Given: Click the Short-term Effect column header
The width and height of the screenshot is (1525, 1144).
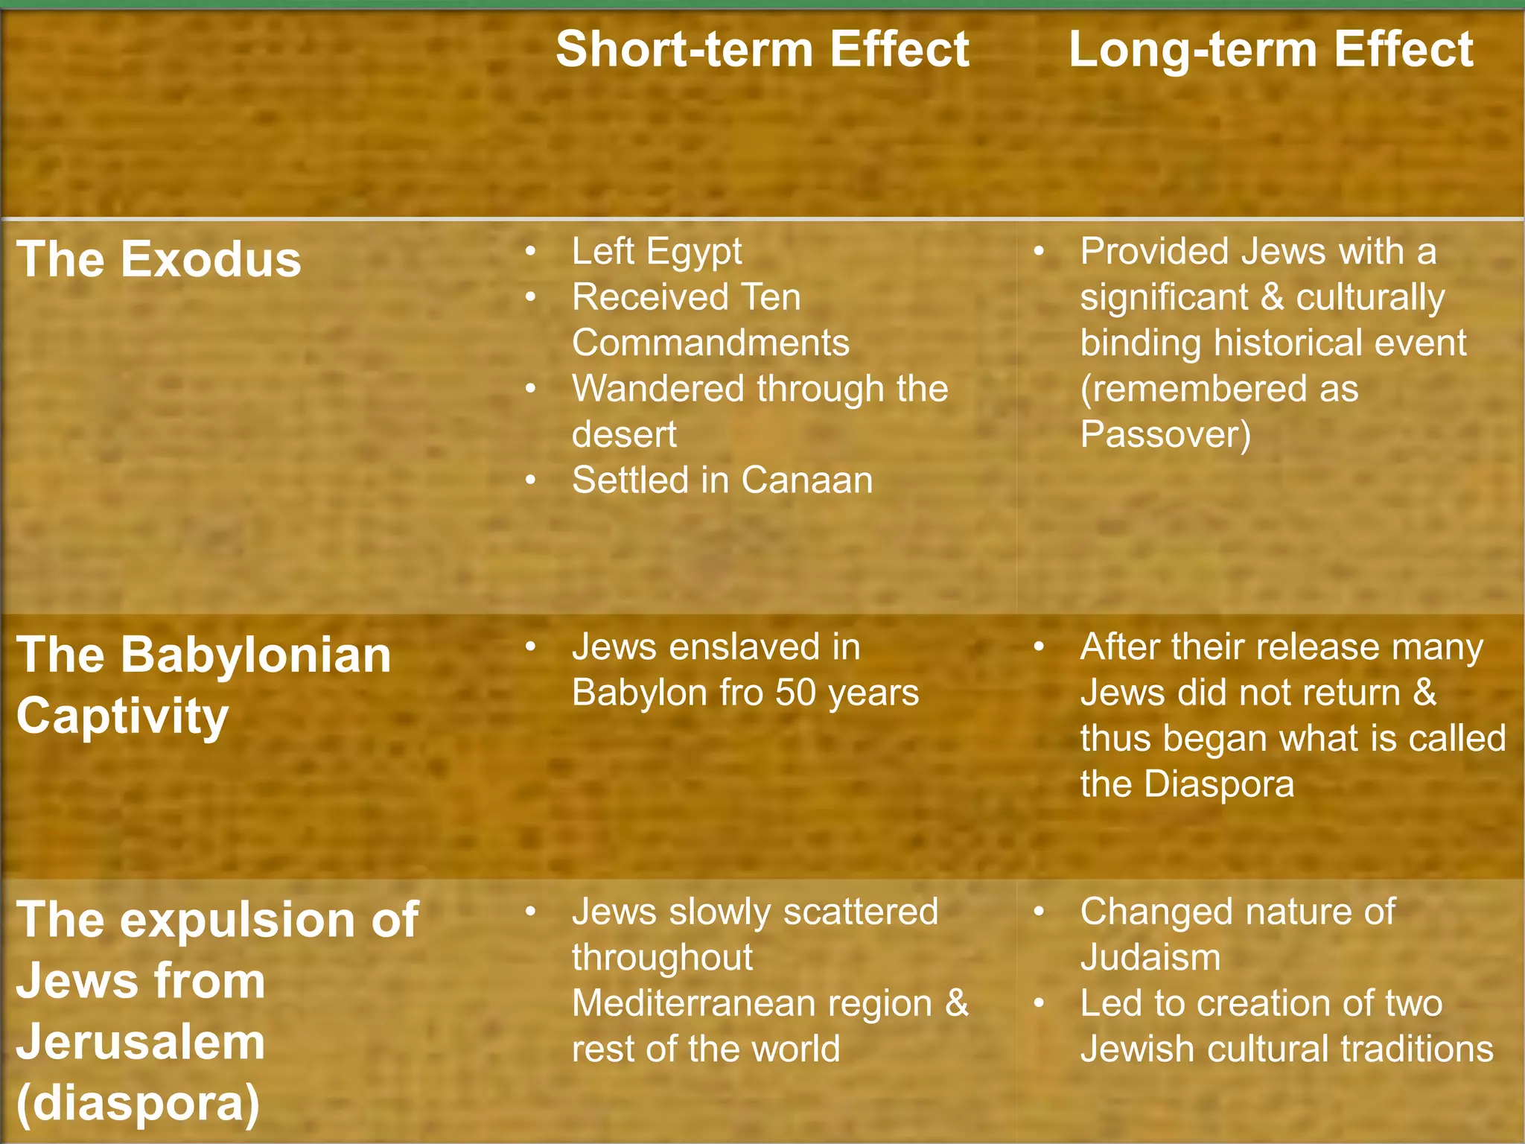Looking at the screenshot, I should coord(762,50).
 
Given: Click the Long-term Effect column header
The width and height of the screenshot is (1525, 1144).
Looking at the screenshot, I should coord(1270,50).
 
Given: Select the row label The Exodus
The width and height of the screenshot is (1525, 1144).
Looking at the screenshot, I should coord(159,259).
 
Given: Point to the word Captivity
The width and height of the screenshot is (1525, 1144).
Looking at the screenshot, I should coord(122,716).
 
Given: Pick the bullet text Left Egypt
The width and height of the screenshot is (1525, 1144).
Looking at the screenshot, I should coord(656,252).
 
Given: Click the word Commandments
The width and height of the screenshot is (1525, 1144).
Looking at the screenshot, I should coord(710,343).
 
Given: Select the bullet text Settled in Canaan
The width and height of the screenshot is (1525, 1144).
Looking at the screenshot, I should coord(722,480).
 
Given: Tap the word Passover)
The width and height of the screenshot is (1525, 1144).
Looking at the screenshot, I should coord(1165,434).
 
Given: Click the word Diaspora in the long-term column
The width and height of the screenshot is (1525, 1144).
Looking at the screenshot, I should coord(1219,784).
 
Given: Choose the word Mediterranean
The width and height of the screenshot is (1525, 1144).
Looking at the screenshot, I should coord(751,1003).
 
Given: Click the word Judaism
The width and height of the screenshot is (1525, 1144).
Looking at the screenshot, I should coord(1150,958).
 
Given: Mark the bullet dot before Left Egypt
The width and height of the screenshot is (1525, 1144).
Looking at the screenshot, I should coord(530,252).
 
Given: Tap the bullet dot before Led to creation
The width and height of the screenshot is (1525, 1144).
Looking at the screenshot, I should coord(1039,1003).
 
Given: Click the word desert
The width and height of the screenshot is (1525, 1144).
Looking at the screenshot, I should coord(624,434).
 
